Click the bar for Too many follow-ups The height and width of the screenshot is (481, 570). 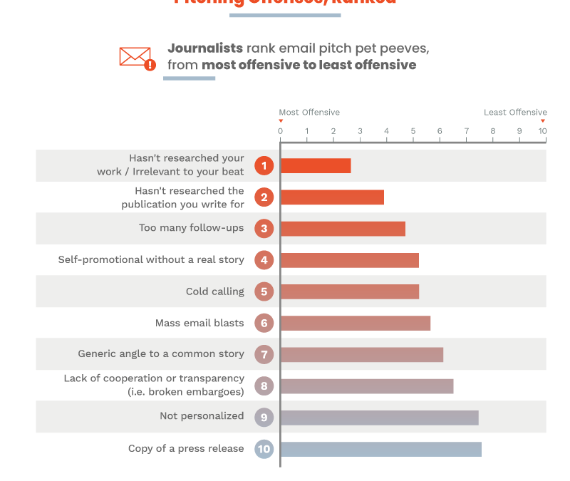point(343,229)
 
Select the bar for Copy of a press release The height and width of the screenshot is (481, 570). point(380,449)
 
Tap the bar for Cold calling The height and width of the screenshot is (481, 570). point(349,291)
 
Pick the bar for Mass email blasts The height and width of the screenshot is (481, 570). point(355,323)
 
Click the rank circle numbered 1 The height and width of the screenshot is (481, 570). point(264,166)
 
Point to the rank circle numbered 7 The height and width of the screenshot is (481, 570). point(264,354)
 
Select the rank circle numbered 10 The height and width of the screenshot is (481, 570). point(264,449)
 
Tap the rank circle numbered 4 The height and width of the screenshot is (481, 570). point(264,260)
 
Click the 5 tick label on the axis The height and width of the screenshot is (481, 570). point(413,131)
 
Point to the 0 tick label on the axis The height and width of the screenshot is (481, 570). point(280,131)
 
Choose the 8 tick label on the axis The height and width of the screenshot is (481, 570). point(493,131)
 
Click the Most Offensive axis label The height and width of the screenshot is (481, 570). point(309,113)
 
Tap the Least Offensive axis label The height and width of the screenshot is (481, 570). point(515,113)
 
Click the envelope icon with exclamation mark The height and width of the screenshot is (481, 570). point(137,58)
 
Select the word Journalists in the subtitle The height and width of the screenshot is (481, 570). point(205,48)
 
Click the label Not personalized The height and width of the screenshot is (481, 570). point(202,416)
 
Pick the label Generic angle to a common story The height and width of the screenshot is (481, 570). point(161,354)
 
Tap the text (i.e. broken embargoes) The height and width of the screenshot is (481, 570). point(185,392)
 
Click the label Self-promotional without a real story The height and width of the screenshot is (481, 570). point(151,260)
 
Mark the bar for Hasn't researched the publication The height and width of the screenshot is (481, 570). point(332,197)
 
